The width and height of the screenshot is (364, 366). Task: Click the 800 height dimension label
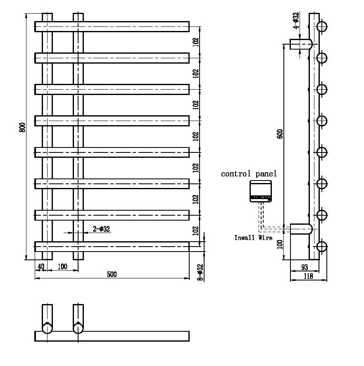(x=23, y=128)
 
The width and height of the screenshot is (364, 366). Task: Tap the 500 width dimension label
(x=112, y=274)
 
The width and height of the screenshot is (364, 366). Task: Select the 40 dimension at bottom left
(x=40, y=266)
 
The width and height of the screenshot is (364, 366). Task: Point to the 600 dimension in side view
(x=280, y=134)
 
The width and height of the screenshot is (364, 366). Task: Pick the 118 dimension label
(x=308, y=276)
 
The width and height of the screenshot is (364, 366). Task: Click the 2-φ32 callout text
(x=101, y=229)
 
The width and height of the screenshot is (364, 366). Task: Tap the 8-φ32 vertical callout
(x=200, y=273)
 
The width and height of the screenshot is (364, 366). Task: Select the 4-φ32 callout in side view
(x=296, y=21)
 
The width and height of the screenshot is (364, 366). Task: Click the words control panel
(x=249, y=174)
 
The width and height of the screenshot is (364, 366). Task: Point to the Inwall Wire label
(x=253, y=238)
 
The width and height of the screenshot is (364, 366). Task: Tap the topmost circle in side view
(x=322, y=27)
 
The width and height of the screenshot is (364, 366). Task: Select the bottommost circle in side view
(x=322, y=247)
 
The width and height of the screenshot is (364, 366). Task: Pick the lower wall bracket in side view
(x=301, y=229)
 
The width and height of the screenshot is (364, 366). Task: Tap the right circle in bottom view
(x=78, y=328)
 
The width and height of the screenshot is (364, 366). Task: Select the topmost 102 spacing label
(x=196, y=42)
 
